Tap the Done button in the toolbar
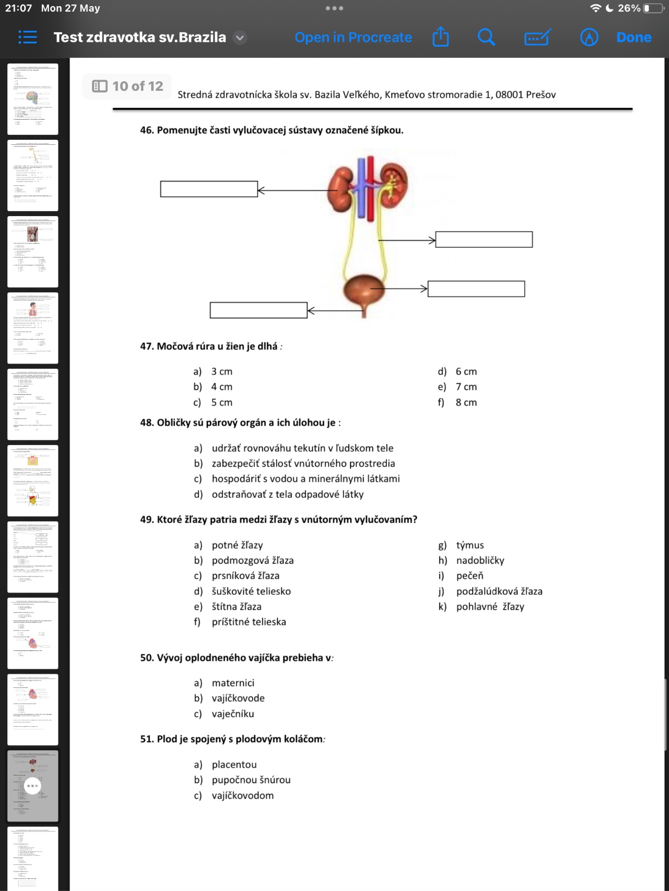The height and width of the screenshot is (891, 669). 633,37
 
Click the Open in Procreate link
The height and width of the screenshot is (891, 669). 353,37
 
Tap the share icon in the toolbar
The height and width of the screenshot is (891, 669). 440,37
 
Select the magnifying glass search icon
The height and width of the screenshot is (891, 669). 486,37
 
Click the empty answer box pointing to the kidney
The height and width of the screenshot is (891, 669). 209,189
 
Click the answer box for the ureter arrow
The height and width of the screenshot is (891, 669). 484,239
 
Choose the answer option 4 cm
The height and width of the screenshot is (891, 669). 221,386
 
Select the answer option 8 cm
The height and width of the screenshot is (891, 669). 466,402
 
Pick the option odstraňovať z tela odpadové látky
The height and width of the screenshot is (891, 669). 287,494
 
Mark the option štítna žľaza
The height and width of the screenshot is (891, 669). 236,606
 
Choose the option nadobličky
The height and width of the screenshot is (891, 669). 480,560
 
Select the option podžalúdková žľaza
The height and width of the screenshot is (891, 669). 499,591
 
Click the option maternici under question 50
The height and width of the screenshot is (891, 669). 232,683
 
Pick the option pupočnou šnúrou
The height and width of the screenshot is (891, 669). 251,780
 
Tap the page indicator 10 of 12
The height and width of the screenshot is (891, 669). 128,86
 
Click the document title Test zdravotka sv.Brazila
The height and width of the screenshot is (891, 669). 140,37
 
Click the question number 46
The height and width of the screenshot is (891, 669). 147,130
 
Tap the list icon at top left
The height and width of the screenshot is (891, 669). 27,37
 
